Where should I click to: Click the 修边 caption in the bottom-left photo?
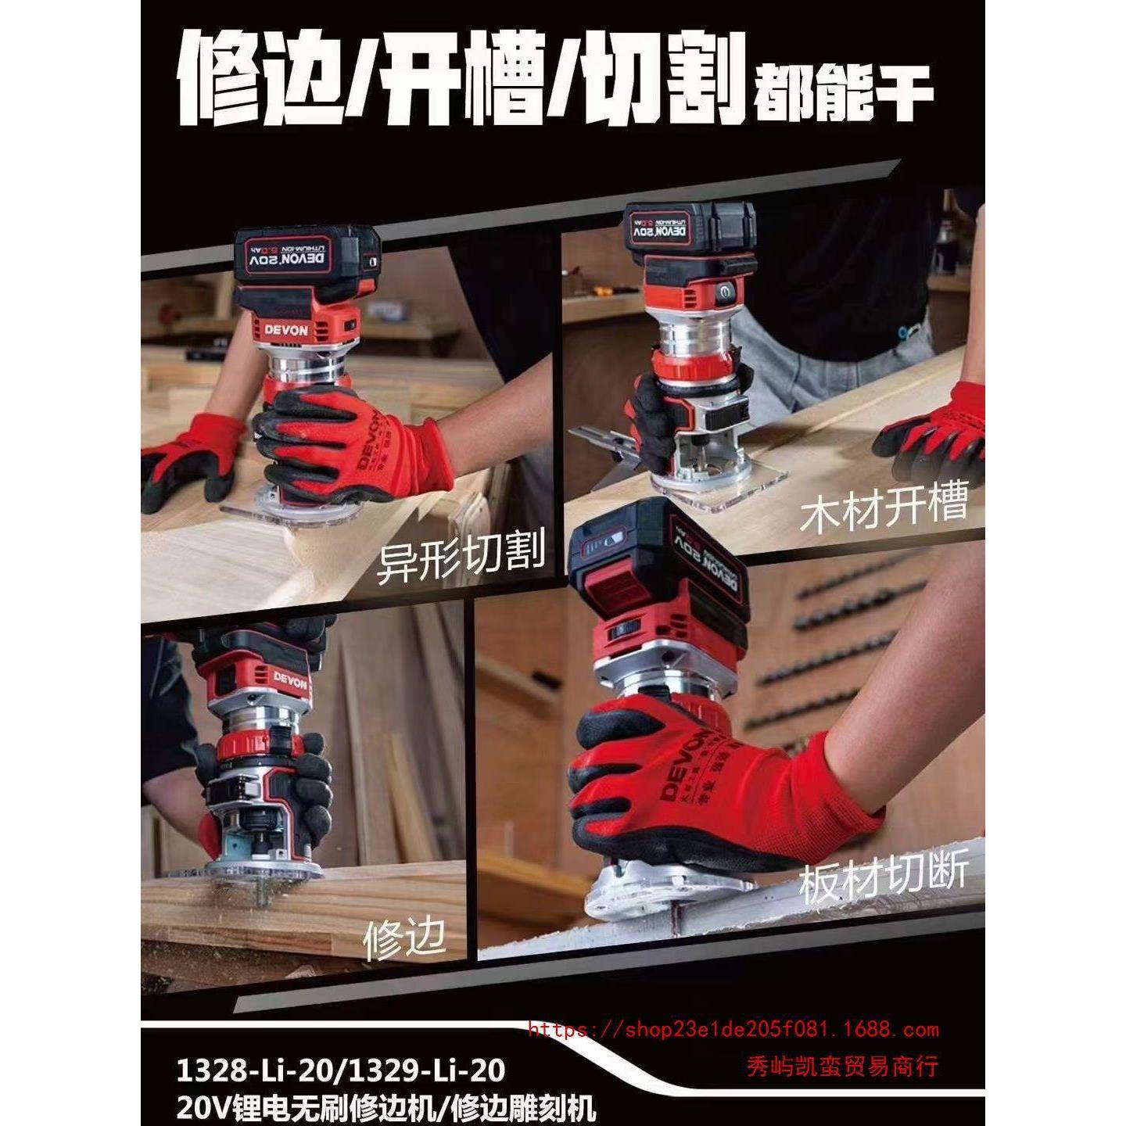click(404, 938)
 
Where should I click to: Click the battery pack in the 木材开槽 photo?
click(688, 227)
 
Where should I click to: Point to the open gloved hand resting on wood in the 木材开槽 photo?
click(934, 438)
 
